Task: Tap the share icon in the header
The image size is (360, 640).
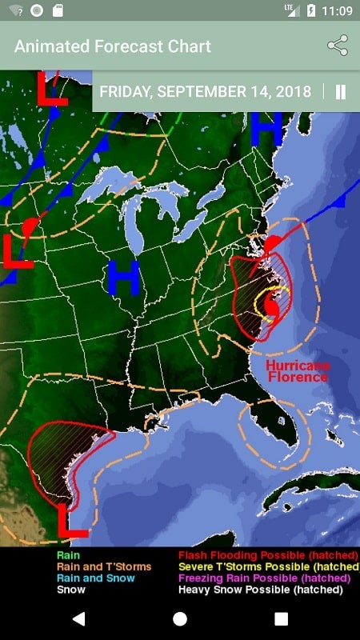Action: click(338, 46)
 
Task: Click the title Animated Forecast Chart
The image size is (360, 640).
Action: click(113, 46)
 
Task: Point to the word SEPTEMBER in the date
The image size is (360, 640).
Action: click(202, 91)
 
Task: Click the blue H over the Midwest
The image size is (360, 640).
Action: click(124, 276)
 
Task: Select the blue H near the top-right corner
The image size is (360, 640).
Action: click(266, 128)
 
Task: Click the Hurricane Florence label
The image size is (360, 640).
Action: click(298, 370)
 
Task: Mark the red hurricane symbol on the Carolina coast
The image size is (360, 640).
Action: click(272, 306)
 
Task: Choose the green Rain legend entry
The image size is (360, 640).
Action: click(68, 554)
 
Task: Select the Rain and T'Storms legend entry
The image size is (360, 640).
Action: click(103, 566)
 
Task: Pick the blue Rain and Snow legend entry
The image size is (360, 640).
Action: click(95, 578)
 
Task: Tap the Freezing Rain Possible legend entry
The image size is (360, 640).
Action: click(264, 578)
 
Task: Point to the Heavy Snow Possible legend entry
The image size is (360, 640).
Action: click(260, 590)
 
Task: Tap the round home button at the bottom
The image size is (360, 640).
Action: click(180, 618)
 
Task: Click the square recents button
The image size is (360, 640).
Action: click(281, 618)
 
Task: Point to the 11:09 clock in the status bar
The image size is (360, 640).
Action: click(336, 10)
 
